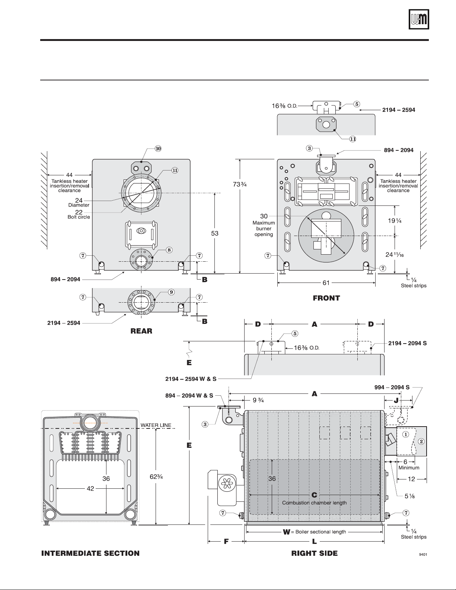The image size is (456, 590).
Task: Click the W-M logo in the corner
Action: (x=419, y=19)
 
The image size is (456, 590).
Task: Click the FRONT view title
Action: (x=326, y=298)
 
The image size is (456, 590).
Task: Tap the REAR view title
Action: (x=141, y=331)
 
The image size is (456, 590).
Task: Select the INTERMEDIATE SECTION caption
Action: (x=90, y=554)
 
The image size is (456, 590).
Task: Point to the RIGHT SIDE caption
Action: (x=315, y=554)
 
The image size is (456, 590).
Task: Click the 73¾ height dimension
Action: (x=240, y=184)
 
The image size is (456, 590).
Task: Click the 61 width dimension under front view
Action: (x=326, y=283)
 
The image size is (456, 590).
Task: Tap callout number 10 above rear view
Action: (x=158, y=149)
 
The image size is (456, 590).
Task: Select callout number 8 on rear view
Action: (x=169, y=250)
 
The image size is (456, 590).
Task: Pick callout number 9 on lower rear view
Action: (x=171, y=292)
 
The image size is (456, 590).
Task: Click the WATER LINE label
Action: (x=156, y=425)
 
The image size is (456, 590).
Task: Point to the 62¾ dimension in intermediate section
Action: (x=156, y=476)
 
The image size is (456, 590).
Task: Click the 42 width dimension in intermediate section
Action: (x=90, y=488)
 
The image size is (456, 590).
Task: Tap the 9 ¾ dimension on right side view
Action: (x=258, y=400)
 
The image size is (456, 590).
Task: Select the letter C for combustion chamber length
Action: (x=314, y=495)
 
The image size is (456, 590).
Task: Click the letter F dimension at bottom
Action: (x=226, y=541)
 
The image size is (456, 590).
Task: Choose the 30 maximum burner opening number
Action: (x=264, y=216)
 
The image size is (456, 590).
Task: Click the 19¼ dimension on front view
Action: (x=395, y=221)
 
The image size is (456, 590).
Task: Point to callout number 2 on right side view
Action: (x=421, y=441)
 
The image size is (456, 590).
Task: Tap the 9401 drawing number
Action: (x=423, y=555)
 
